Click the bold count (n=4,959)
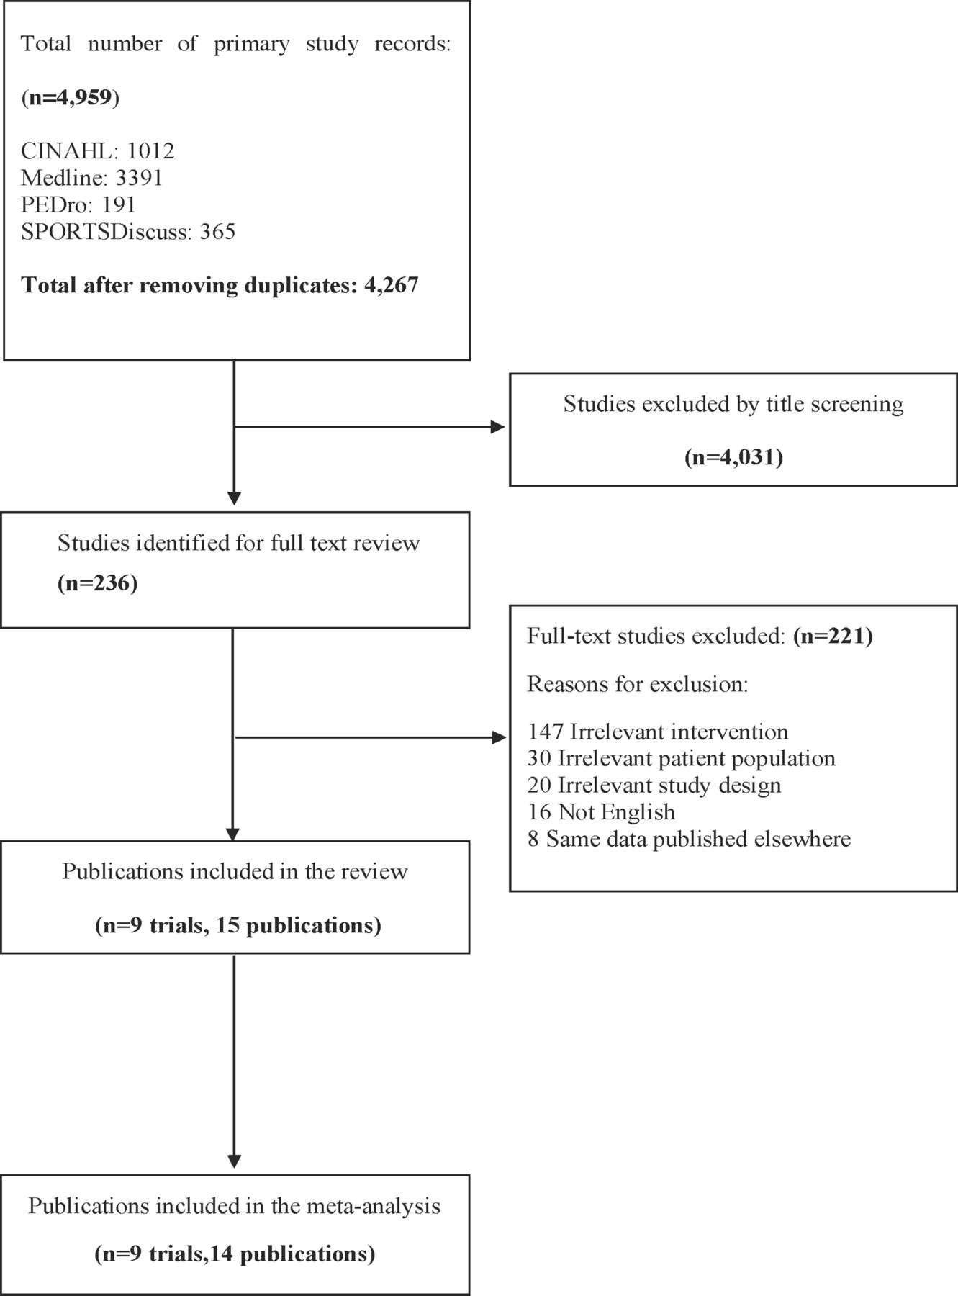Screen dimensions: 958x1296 pyautogui.click(x=70, y=97)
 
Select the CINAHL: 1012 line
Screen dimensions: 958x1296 pyautogui.click(x=98, y=150)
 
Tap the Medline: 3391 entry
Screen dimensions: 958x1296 pyautogui.click(x=91, y=178)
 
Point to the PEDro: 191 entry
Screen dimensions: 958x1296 pyautogui.click(x=78, y=204)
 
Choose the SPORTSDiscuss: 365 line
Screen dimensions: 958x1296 pyautogui.click(x=128, y=232)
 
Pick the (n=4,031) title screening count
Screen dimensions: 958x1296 pyautogui.click(x=733, y=457)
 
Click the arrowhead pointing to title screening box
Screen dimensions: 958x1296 pyautogui.click(x=498, y=427)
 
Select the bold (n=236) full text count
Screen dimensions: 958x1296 pyautogui.click(x=98, y=582)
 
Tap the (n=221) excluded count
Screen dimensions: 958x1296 pyautogui.click(x=833, y=636)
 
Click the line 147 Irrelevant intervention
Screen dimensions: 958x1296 pyautogui.click(x=658, y=732)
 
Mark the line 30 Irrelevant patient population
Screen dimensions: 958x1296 pyautogui.click(x=681, y=759)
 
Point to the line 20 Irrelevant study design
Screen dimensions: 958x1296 pyautogui.click(x=654, y=786)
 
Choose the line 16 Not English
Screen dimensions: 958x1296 pyautogui.click(x=601, y=812)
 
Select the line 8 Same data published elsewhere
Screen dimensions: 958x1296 pyautogui.click(x=689, y=839)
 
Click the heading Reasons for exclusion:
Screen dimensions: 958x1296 pyautogui.click(x=638, y=684)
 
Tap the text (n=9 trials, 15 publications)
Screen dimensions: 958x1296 pyautogui.click(x=238, y=925)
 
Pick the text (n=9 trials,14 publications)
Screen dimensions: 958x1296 pyautogui.click(x=235, y=1254)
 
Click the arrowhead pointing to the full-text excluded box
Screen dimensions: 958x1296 pyautogui.click(x=498, y=737)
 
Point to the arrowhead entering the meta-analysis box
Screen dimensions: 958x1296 pyautogui.click(x=234, y=1161)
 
